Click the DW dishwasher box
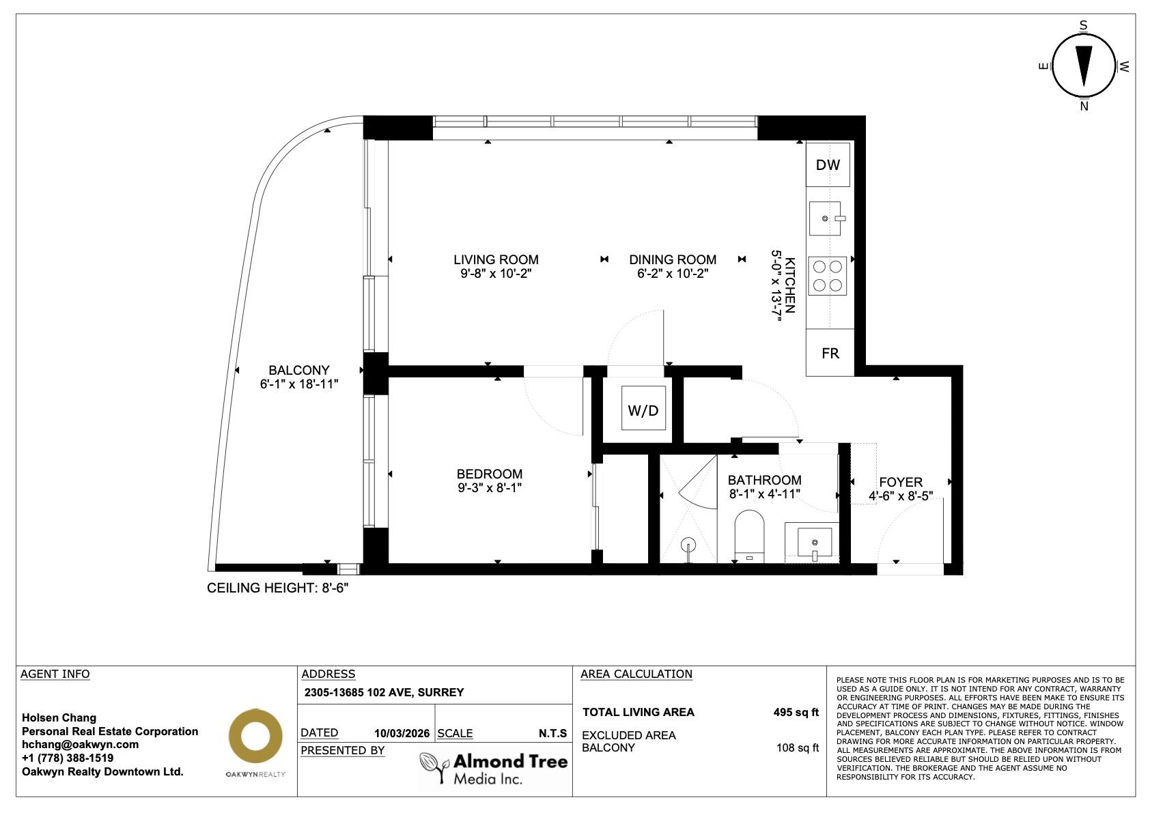click(x=828, y=165)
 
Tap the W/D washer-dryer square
click(x=643, y=408)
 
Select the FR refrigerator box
click(x=830, y=353)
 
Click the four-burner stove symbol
click(x=827, y=276)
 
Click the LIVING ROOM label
click(x=496, y=259)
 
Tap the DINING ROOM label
click(x=673, y=259)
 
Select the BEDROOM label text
click(x=490, y=474)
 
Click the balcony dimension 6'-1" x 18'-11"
click(x=299, y=384)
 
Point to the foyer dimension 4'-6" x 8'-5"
click(x=901, y=496)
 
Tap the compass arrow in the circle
click(x=1084, y=66)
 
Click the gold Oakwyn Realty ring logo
click(x=255, y=735)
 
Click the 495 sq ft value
click(x=796, y=713)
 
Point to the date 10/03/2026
click(x=402, y=733)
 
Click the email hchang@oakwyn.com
click(x=80, y=744)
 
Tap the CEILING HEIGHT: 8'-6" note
click(x=278, y=588)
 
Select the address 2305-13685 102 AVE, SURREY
click(x=384, y=692)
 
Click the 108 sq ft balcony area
click(x=798, y=748)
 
